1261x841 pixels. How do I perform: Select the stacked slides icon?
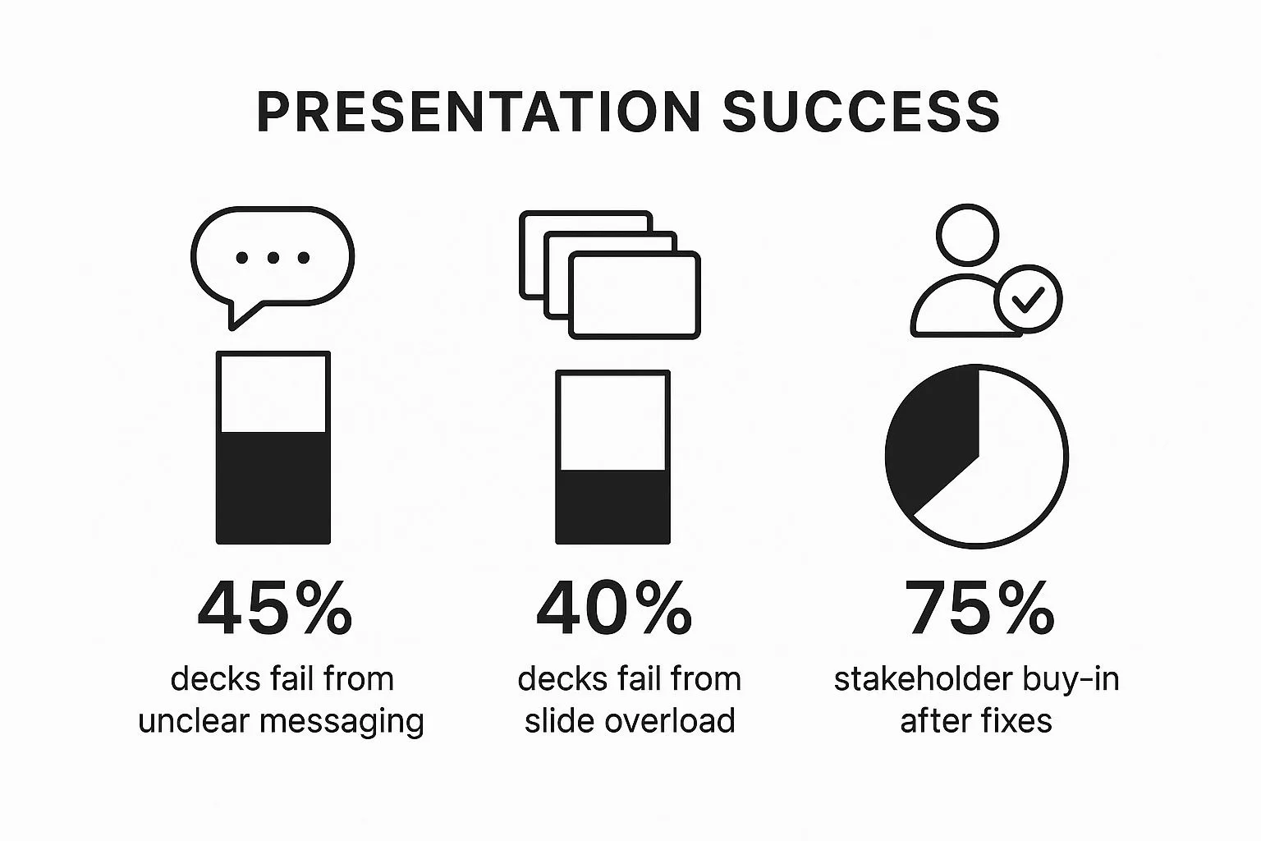[x=611, y=274]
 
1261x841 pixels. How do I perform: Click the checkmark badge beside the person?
[x=1028, y=299]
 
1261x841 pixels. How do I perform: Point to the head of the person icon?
[x=969, y=234]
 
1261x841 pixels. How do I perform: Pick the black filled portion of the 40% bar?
[x=612, y=506]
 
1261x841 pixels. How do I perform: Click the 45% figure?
[x=275, y=610]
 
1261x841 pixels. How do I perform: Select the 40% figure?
[x=613, y=610]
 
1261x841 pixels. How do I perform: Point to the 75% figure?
[x=979, y=610]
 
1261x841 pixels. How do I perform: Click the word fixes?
[x=1016, y=721]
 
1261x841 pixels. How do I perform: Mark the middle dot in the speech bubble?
[x=273, y=258]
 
